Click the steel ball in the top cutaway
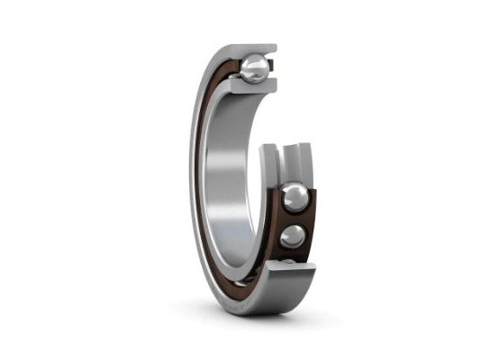(255, 68)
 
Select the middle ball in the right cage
(293, 236)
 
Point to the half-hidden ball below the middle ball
(287, 263)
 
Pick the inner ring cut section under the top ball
(252, 87)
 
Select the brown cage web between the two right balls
(295, 219)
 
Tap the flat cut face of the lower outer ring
(290, 274)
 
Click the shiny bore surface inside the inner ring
(225, 180)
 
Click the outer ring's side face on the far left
(195, 180)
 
